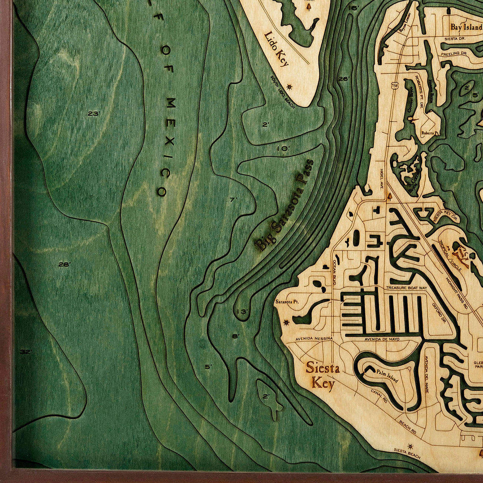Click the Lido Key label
pyautogui.click(x=277, y=49)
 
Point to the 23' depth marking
pyautogui.click(x=94, y=114)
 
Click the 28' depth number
pyautogui.click(x=64, y=265)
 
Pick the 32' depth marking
pyautogui.click(x=26, y=352)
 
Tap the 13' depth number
pyautogui.click(x=242, y=312)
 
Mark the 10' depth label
pyautogui.click(x=283, y=149)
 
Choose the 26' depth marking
pyautogui.click(x=344, y=79)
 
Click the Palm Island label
pyautogui.click(x=387, y=376)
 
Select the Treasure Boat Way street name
pyautogui.click(x=406, y=288)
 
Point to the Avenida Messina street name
pyautogui.click(x=314, y=338)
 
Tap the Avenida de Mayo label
pyautogui.click(x=381, y=339)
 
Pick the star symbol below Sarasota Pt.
pyautogui.click(x=286, y=323)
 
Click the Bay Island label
pyautogui.click(x=466, y=27)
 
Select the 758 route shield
pyautogui.click(x=395, y=86)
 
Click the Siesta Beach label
pyautogui.click(x=407, y=453)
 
